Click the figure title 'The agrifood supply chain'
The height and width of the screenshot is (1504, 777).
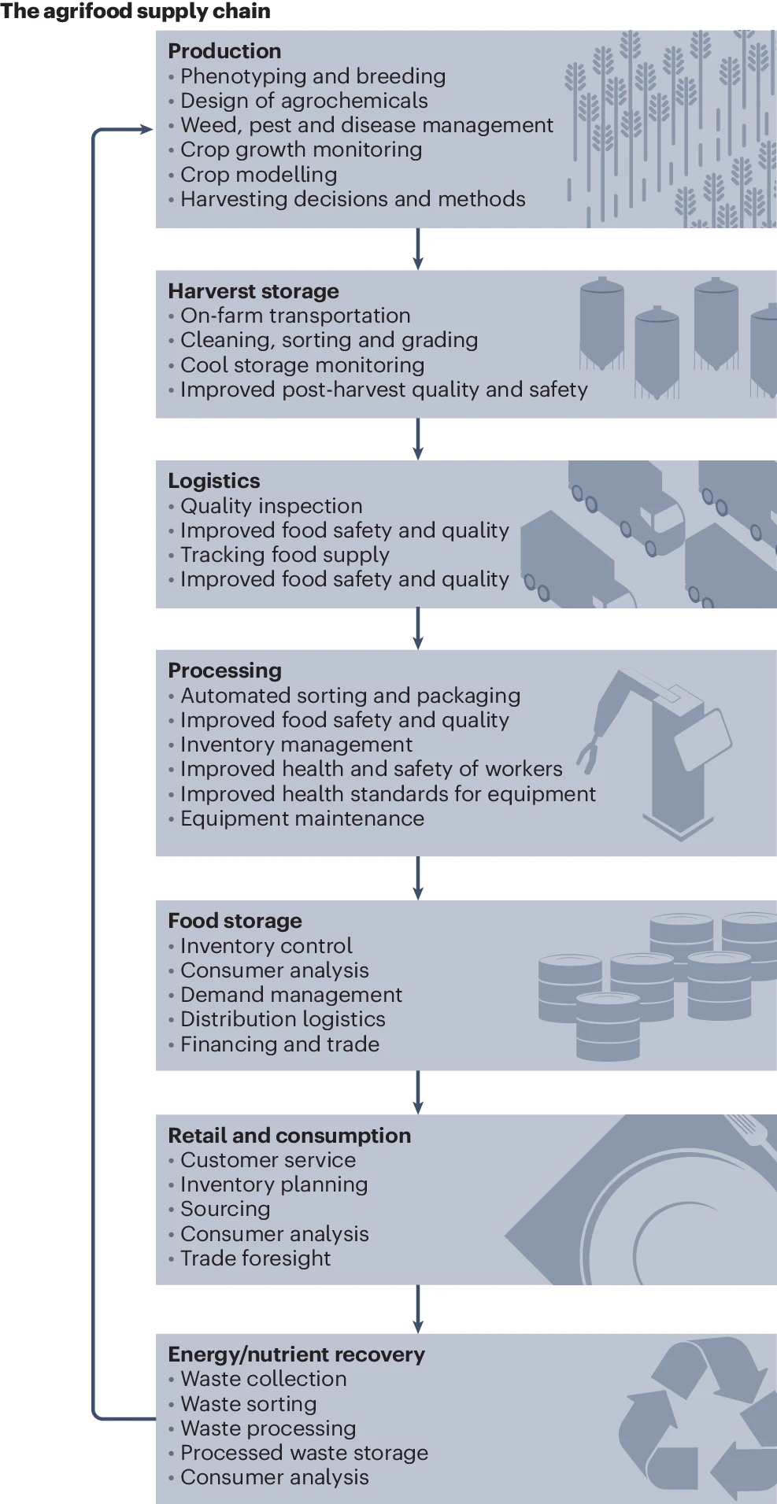pos(135,11)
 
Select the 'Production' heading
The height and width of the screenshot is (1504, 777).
pos(224,51)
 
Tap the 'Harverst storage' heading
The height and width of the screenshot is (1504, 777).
pos(253,291)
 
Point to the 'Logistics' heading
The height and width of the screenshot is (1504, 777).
pos(214,481)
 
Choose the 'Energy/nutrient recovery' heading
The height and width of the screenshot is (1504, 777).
pos(296,1354)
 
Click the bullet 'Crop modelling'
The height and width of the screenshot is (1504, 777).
pos(258,175)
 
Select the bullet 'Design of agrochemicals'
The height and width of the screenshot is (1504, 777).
pos(304,101)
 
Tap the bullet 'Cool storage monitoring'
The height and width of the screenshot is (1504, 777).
pos(302,365)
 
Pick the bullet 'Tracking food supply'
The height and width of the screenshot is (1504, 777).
pos(285,555)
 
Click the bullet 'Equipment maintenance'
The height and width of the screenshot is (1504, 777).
pos(302,819)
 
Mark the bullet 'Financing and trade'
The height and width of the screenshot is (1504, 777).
pos(279,1044)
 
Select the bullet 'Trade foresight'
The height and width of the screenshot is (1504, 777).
pos(255,1258)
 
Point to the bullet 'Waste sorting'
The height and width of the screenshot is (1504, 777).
pos(248,1404)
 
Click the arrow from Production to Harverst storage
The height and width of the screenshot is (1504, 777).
pos(418,249)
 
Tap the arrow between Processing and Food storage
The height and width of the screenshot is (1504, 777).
pos(418,878)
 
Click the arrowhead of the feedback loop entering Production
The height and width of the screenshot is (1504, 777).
pos(146,129)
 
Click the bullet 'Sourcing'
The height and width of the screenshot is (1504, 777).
pos(225,1209)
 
